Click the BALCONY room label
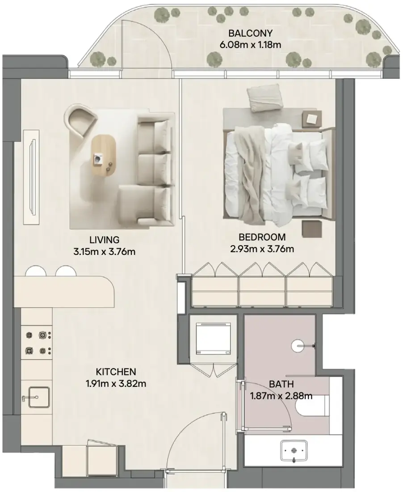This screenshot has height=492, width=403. point(250,33)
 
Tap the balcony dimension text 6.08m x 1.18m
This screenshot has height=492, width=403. point(250,45)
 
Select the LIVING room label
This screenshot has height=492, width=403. point(105,240)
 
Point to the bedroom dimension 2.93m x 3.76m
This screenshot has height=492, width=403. point(262,249)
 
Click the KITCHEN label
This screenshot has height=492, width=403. point(116,372)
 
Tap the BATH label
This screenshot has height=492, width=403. point(281,384)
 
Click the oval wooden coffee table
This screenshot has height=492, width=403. point(104,156)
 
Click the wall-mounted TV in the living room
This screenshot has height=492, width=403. point(32,177)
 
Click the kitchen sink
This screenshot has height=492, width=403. point(39,397)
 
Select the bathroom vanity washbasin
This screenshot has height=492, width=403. point(294,450)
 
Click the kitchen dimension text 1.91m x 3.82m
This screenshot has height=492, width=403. point(116,383)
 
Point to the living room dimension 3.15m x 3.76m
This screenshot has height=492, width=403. point(105,252)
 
